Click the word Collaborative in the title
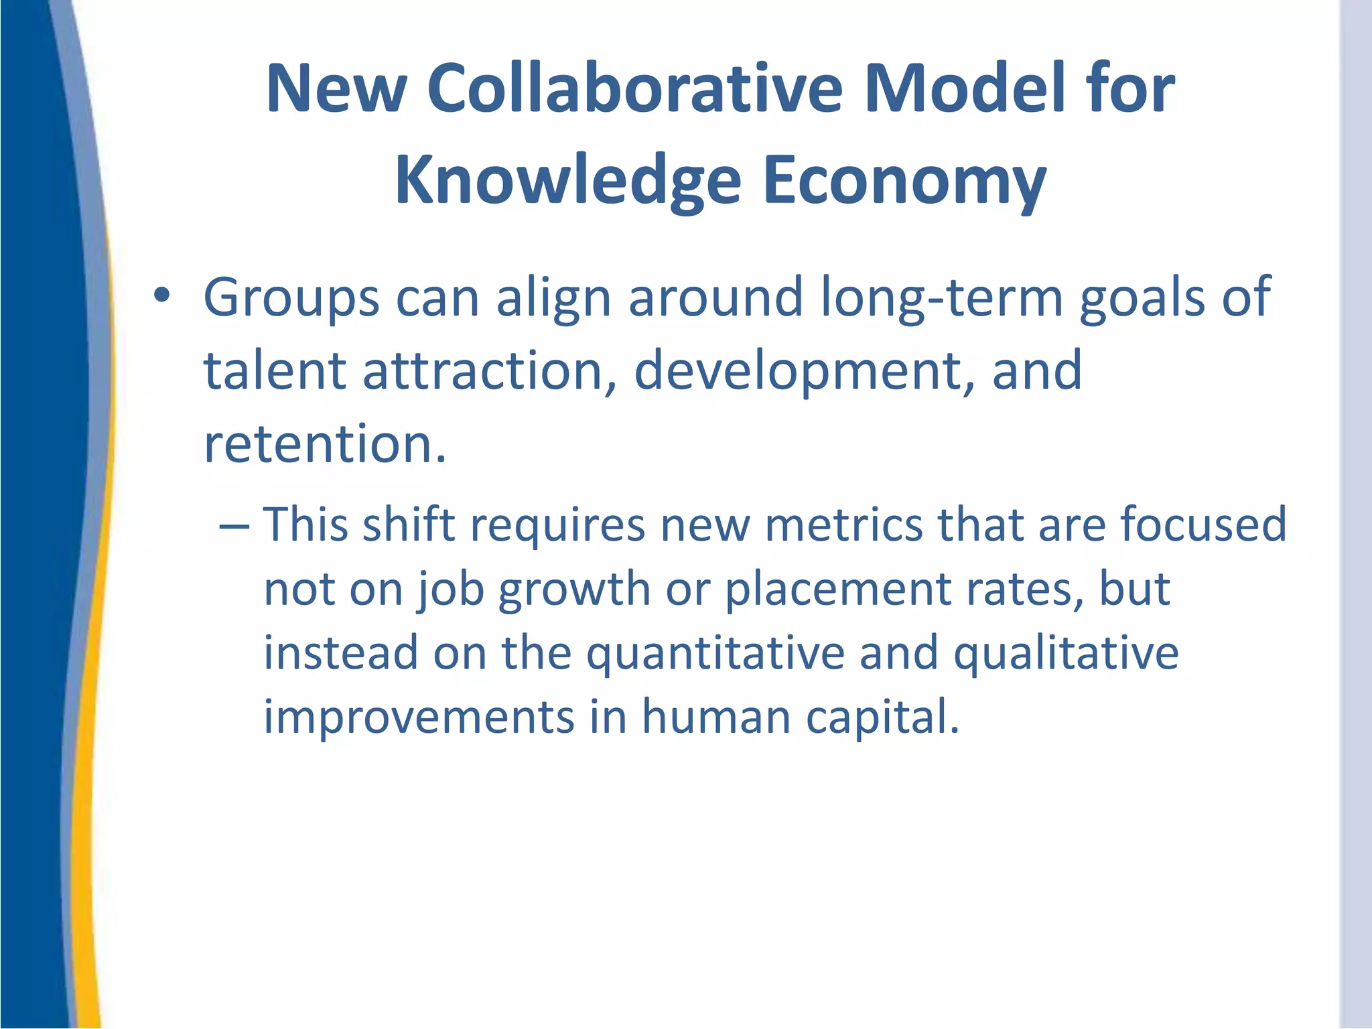(x=634, y=88)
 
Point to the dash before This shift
(x=234, y=525)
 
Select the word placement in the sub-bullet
(x=838, y=590)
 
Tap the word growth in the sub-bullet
(x=574, y=590)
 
